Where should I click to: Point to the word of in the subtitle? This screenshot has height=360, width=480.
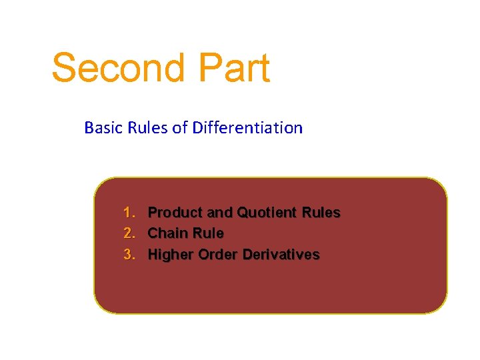pyautogui.click(x=180, y=127)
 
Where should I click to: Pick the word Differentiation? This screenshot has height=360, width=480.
pyautogui.click(x=247, y=127)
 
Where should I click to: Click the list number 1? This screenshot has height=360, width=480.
pyautogui.click(x=129, y=213)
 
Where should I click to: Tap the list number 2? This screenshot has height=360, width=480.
pyautogui.click(x=129, y=233)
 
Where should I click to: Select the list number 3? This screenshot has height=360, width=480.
pyautogui.click(x=129, y=255)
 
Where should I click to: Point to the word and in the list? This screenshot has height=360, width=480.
pyautogui.click(x=219, y=213)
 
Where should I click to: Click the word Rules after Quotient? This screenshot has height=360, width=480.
pyautogui.click(x=321, y=213)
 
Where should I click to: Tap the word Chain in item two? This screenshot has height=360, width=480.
pyautogui.click(x=167, y=233)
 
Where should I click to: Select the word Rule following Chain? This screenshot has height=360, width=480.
pyautogui.click(x=207, y=233)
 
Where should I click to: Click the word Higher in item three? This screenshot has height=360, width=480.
pyautogui.click(x=171, y=255)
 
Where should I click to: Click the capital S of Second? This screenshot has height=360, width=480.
pyautogui.click(x=65, y=68)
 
